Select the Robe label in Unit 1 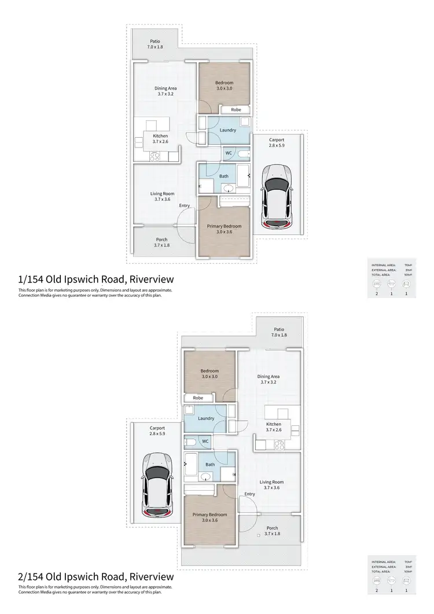[236, 109]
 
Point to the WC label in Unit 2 [205, 441]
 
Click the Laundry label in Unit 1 [228, 130]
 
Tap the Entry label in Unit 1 [184, 205]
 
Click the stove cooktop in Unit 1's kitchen [156, 156]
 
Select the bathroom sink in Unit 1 [227, 187]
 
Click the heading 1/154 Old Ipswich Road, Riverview [95, 280]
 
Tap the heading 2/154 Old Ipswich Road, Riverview [95, 576]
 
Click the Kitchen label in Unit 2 [273, 427]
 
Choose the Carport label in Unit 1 [277, 142]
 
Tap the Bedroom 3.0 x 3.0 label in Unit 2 [209, 374]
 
